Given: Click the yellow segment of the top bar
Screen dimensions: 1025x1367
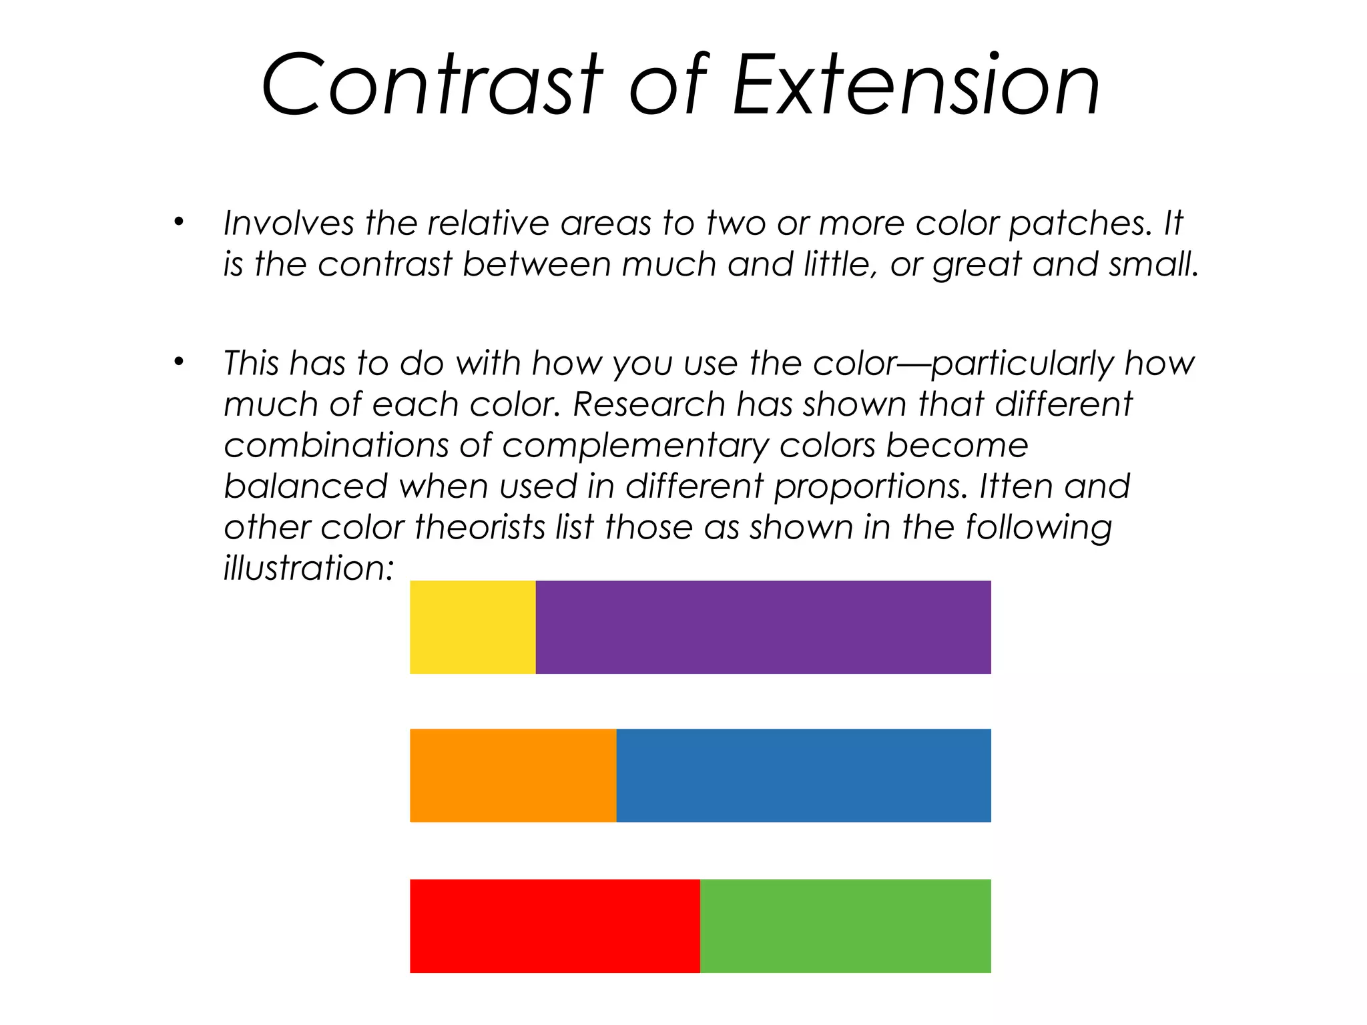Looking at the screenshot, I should tap(473, 627).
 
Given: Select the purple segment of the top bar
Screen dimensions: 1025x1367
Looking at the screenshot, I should tap(763, 627).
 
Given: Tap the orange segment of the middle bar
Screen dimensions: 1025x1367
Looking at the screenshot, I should tap(513, 775).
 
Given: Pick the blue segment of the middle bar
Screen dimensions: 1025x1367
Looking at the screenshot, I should tap(803, 775).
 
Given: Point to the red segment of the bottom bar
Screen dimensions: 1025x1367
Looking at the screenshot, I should tap(555, 926).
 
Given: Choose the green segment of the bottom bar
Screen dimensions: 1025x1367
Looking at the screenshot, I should tap(845, 926).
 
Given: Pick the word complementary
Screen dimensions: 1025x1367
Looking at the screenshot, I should tap(635, 446).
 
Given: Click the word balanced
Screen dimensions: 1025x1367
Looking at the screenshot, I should tap(306, 486).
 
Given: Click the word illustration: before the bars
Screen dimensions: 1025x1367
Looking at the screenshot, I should tap(309, 568).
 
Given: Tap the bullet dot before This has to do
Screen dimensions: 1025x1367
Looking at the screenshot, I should tap(178, 362).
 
